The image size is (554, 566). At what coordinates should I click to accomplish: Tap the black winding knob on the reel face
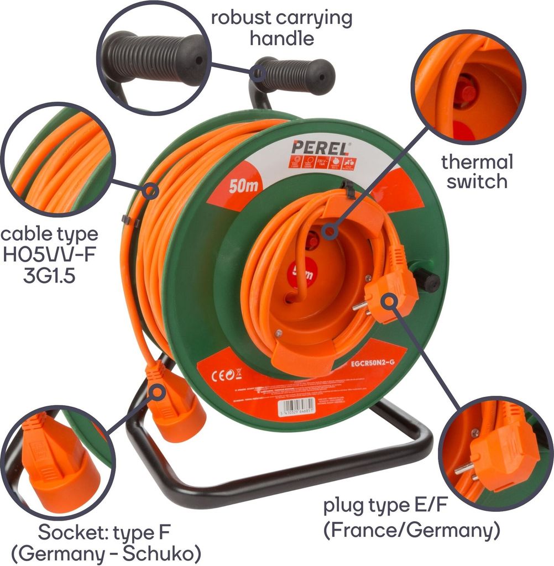tap(427, 280)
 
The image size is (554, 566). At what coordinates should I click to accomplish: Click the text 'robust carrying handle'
tap(281, 27)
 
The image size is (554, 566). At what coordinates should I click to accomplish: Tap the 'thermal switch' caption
tap(477, 171)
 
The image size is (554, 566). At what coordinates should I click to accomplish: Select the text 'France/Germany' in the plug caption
tap(411, 530)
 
